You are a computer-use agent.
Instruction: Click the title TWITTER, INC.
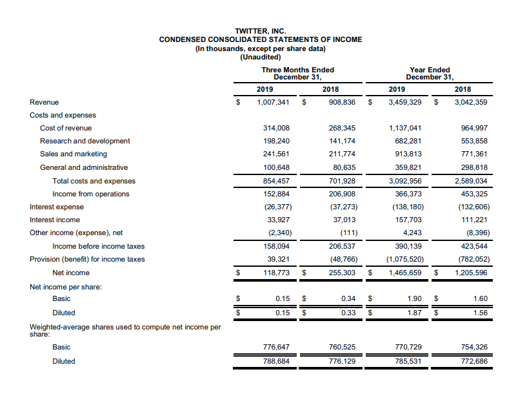click(261, 30)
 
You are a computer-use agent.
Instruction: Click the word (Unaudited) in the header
click(261, 57)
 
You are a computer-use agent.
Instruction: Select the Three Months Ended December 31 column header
click(297, 74)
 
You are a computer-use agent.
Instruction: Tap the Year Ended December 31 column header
click(430, 74)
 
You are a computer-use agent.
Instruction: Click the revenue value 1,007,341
click(273, 102)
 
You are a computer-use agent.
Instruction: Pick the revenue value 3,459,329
click(405, 102)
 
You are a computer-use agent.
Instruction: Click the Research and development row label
click(85, 141)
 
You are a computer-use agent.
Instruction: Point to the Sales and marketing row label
click(74, 154)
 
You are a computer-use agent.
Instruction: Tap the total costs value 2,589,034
click(471, 181)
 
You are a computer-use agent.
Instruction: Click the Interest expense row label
click(57, 207)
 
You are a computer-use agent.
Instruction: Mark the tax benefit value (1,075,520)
click(404, 259)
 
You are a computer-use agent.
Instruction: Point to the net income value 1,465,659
click(405, 273)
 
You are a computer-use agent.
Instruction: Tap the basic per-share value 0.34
click(348, 298)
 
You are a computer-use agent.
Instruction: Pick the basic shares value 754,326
click(474, 347)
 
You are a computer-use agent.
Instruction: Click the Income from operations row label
click(90, 194)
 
